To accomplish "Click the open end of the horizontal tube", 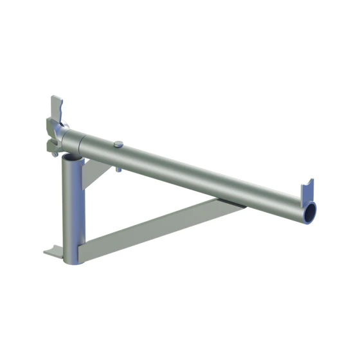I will (x=310, y=210).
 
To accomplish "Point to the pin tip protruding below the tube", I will (x=119, y=170).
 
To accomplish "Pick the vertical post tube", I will (x=71, y=206).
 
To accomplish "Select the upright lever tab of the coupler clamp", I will (x=56, y=107).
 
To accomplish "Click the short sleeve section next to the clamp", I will (x=75, y=141).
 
